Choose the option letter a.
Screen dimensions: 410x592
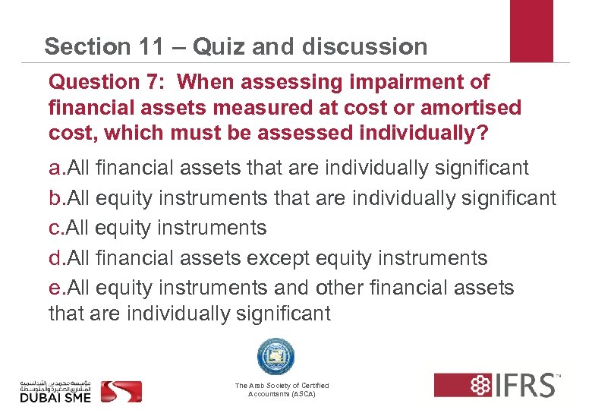click(54, 167)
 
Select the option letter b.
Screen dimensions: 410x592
click(54, 198)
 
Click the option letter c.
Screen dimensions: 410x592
click(54, 228)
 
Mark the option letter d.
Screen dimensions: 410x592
click(54, 258)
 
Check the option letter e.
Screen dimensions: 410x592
click(54, 289)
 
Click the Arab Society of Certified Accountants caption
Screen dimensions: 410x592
click(282, 390)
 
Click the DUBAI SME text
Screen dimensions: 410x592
click(55, 397)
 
